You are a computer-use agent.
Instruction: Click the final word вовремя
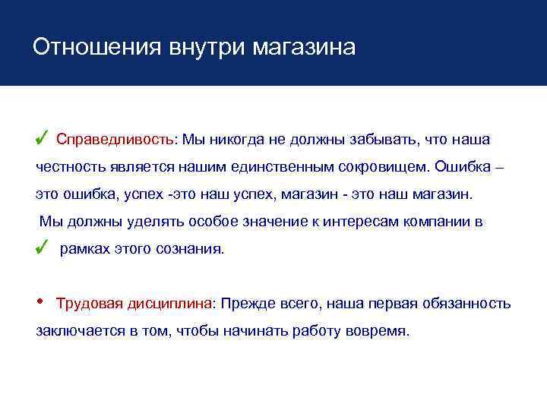coord(378,332)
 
